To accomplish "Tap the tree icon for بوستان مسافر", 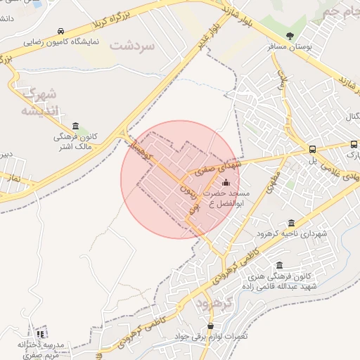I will tap(290, 36).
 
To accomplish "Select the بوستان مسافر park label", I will tap(290, 47).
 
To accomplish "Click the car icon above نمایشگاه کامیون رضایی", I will tap(61, 32).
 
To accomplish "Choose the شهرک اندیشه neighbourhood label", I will tap(35, 103).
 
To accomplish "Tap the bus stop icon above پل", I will tap(313, 149).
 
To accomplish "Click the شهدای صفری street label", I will tap(217, 166).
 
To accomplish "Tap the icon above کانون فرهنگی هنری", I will tap(280, 266).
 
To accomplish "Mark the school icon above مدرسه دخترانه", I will tap(40, 333).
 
